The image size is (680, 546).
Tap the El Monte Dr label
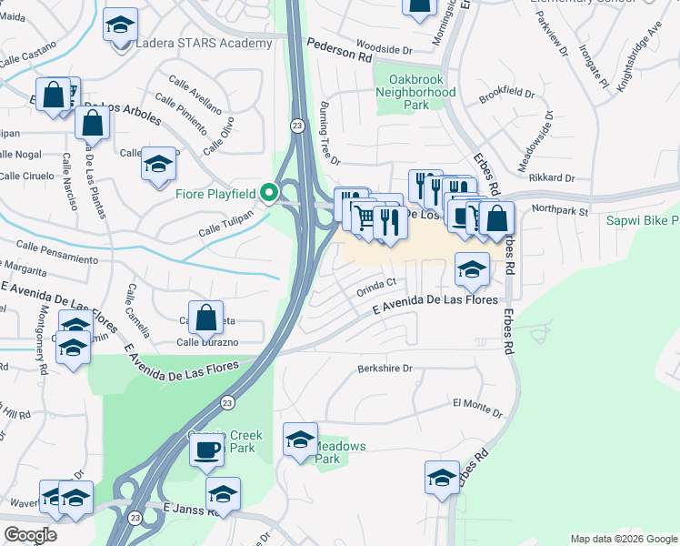tap(476, 402)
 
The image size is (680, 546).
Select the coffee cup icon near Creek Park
tap(207, 450)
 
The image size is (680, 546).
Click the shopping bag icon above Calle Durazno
tap(206, 318)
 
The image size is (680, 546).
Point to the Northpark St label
tap(561, 210)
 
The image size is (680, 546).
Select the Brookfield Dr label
tap(507, 94)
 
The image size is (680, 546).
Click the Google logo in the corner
tap(30, 534)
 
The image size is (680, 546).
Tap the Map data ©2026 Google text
tap(623, 539)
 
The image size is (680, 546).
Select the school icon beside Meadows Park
tap(300, 440)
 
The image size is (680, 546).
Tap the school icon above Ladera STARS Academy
tap(119, 26)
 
